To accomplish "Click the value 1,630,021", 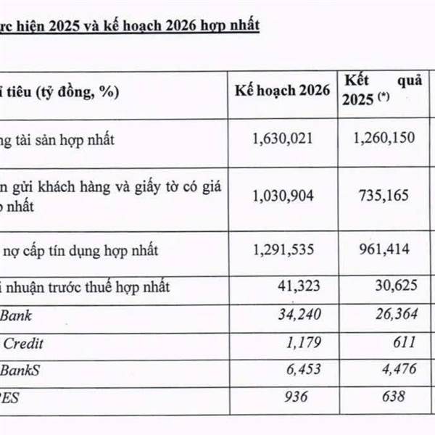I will [283, 137].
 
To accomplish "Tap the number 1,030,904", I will [283, 195].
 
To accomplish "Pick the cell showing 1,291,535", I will [283, 251].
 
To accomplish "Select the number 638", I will [404, 397].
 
